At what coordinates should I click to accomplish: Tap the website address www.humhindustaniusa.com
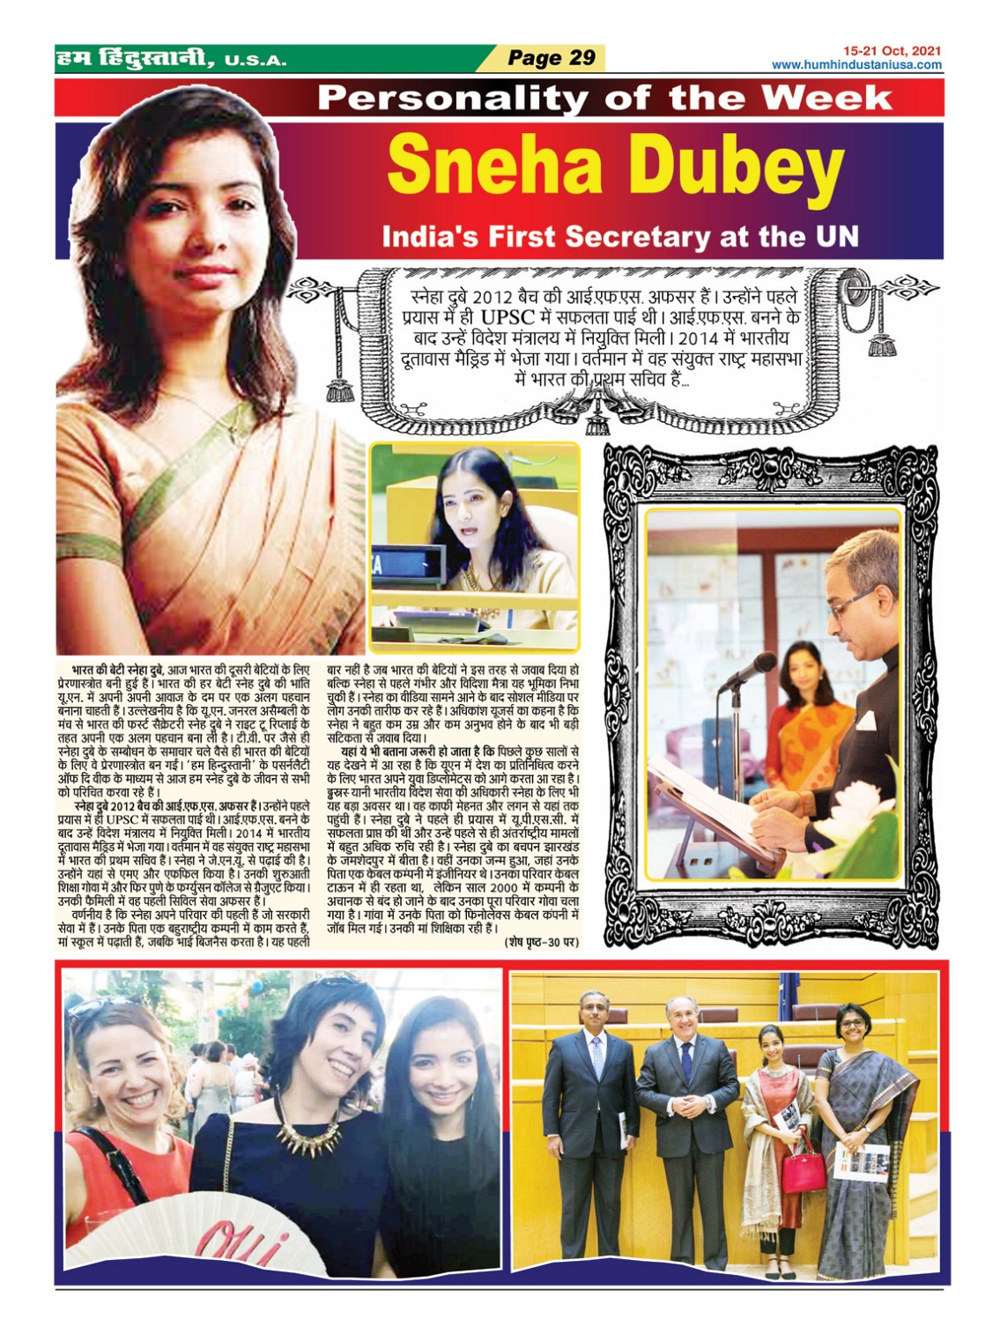coord(856,65)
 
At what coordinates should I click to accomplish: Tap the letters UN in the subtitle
coord(837,236)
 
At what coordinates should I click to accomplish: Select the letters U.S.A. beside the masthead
coord(256,61)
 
